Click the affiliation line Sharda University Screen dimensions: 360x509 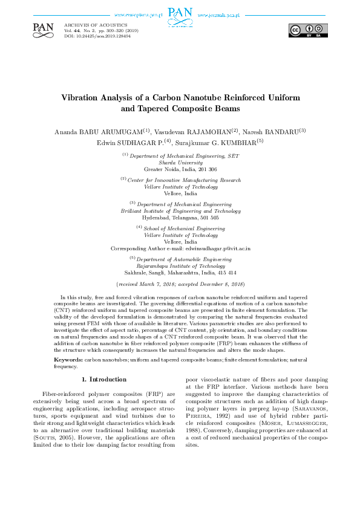(180, 163)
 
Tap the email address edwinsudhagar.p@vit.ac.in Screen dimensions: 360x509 (218, 248)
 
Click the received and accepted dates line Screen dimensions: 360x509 (180, 283)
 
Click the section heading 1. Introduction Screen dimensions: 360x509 (103, 379)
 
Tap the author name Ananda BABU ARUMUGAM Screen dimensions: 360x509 (99, 131)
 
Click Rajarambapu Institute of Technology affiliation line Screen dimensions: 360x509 (180, 265)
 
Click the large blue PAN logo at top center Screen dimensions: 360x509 (180, 15)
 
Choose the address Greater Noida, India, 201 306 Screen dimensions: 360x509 (180, 169)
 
